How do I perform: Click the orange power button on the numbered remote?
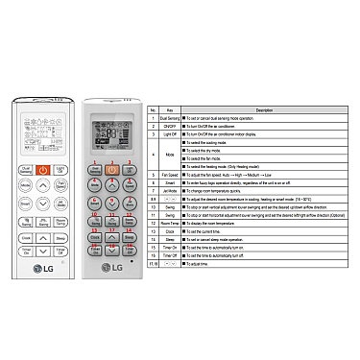pyautogui.click(x=112, y=170)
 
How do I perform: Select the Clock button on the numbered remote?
pyautogui.click(x=94, y=236)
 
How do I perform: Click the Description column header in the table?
pyautogui.click(x=264, y=111)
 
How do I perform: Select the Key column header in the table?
pyautogui.click(x=169, y=111)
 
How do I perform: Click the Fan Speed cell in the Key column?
pyautogui.click(x=169, y=175)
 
